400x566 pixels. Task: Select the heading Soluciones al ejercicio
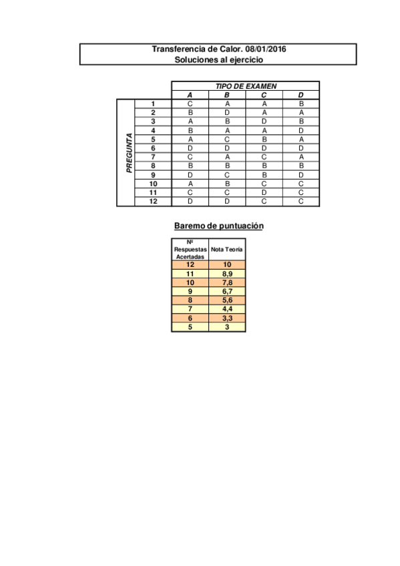218,59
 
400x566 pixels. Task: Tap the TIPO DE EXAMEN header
245,86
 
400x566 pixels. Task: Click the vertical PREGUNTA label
129,153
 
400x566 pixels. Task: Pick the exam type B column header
227,95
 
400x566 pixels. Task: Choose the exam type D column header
301,95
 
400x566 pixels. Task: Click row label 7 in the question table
153,157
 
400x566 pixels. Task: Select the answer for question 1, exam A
190,104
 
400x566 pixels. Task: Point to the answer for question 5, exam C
264,139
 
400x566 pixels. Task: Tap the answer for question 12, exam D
301,201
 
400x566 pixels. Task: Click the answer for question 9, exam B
227,175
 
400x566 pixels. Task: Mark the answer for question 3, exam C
264,121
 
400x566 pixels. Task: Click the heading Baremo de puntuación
218,226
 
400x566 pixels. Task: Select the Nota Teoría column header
227,249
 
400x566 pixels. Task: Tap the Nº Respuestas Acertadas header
190,249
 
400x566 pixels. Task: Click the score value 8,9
227,274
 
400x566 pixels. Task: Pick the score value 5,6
227,300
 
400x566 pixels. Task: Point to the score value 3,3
227,318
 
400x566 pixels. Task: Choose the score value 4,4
227,309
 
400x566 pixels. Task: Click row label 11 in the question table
153,192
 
